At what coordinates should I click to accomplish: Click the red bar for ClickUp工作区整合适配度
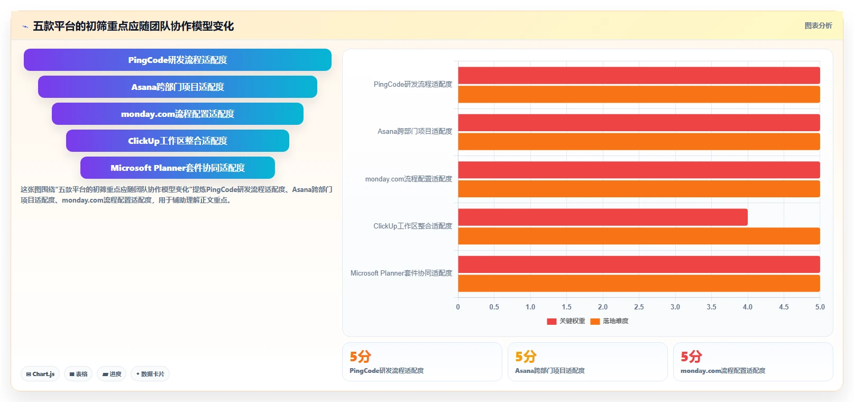[x=603, y=217]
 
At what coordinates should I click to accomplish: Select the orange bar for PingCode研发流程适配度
[x=639, y=94]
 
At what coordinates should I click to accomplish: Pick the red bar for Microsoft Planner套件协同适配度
[x=639, y=264]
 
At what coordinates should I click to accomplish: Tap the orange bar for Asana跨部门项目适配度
[x=639, y=142]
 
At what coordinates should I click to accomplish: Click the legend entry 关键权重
[x=566, y=321]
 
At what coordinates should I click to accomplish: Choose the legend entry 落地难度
[x=609, y=321]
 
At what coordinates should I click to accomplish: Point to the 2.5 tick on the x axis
[x=639, y=307]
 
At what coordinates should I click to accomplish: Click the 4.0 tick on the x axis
[x=748, y=307]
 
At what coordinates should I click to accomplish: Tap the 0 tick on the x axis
[x=458, y=307]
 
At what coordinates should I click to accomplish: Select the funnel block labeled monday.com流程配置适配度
[x=178, y=114]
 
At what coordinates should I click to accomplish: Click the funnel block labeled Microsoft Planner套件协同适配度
[x=178, y=168]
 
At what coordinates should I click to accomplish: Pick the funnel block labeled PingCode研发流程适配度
[x=178, y=60]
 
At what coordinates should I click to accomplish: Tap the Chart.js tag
[x=40, y=374]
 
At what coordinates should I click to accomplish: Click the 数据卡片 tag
[x=150, y=374]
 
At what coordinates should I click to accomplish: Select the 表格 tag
[x=78, y=374]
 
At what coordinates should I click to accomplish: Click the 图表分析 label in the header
[x=818, y=25]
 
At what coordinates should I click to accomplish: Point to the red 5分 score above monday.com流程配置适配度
[x=691, y=357]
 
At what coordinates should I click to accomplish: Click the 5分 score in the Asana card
[x=526, y=357]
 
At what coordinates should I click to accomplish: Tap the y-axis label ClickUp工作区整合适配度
[x=412, y=226]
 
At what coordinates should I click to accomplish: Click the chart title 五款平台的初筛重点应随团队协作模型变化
[x=133, y=26]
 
